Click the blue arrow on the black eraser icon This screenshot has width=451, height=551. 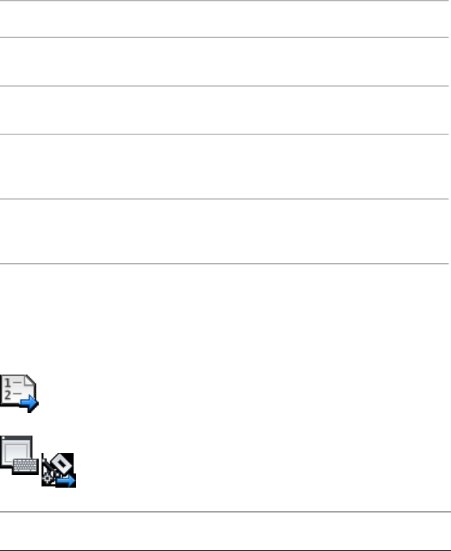click(x=65, y=481)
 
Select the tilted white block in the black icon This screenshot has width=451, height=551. click(x=61, y=465)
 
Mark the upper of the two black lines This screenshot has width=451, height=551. click(x=225, y=512)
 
